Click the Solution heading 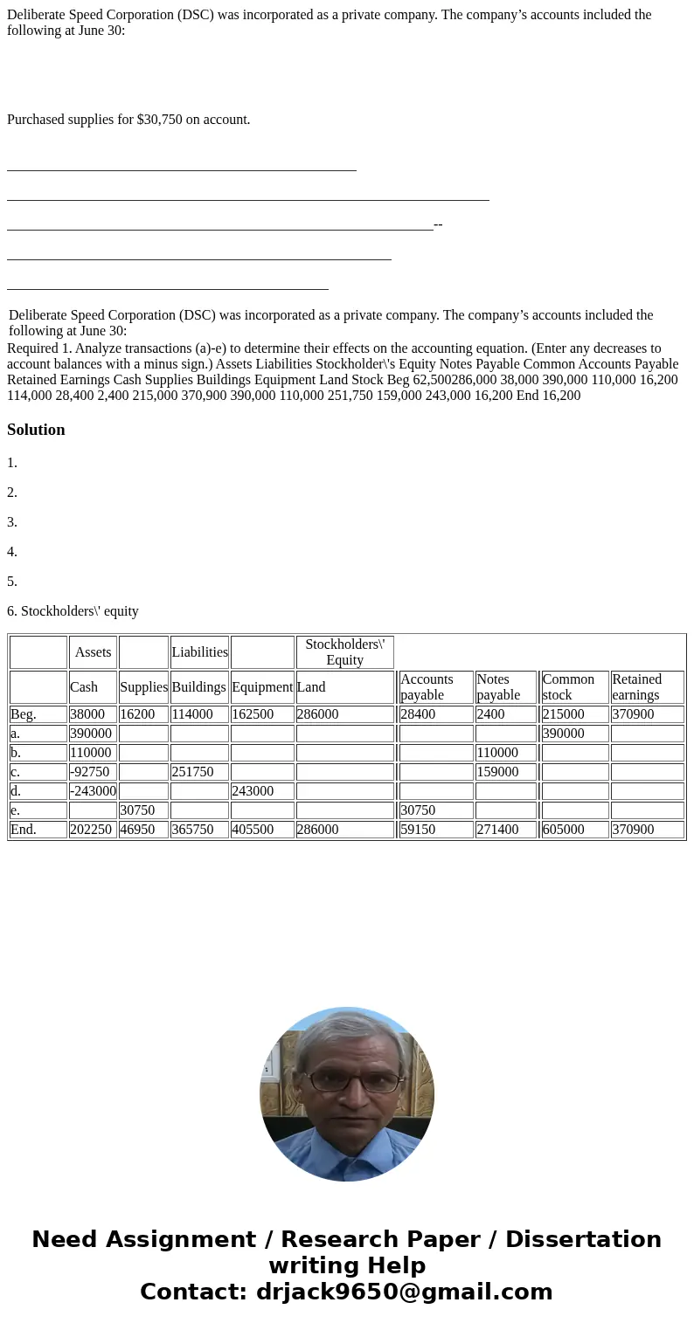click(36, 430)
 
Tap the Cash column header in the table click(84, 687)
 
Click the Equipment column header click(262, 687)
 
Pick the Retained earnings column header click(646, 687)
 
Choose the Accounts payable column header click(434, 687)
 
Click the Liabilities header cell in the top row click(199, 652)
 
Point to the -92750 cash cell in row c click(93, 772)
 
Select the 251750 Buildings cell click(198, 772)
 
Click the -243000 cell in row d click(93, 791)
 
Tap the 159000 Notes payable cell click(505, 772)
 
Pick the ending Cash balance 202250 click(92, 830)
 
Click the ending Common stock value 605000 click(573, 830)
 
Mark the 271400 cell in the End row click(505, 830)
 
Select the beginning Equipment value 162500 click(261, 714)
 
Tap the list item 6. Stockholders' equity click(73, 611)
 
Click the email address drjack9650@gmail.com click(404, 1292)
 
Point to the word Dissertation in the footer click(583, 1240)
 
